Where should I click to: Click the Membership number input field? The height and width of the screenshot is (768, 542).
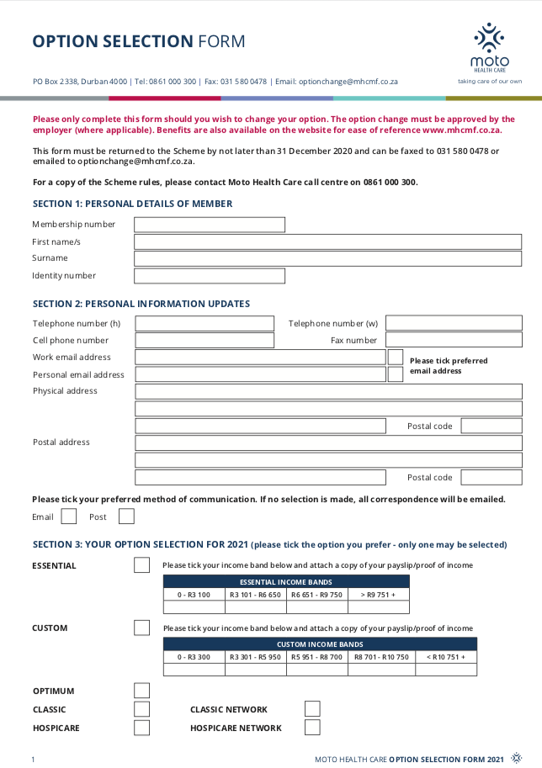[209, 225]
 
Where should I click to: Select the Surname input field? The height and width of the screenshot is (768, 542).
[327, 258]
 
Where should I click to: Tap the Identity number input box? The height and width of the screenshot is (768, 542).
[209, 276]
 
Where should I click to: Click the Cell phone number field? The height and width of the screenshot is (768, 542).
[205, 341]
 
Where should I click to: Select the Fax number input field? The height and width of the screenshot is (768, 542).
[454, 341]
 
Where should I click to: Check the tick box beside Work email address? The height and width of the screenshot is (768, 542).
[395, 358]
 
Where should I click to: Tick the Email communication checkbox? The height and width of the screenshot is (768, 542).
[69, 516]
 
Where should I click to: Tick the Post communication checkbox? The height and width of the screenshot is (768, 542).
[126, 516]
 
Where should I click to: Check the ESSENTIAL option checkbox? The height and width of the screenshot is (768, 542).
[141, 565]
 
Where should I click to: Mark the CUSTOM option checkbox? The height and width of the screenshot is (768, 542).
[141, 628]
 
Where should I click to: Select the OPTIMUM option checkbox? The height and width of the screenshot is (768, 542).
[141, 691]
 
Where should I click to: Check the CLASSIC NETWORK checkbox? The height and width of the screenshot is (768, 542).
[312, 709]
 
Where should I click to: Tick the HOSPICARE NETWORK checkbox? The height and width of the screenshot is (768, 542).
[312, 728]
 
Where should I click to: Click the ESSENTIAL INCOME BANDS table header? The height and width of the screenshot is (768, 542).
[285, 582]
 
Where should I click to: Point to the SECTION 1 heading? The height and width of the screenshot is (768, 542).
[132, 204]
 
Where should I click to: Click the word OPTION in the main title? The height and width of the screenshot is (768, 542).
[71, 41]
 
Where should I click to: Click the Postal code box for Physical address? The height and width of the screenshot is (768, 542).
[492, 426]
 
